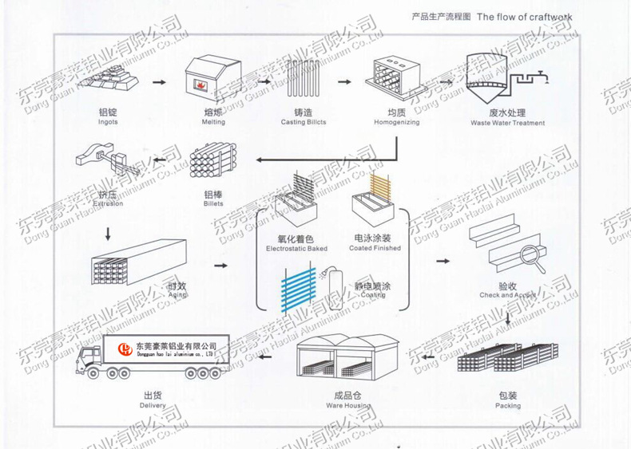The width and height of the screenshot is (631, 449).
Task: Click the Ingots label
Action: click(x=108, y=122)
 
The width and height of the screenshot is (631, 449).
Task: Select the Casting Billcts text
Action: click(x=304, y=122)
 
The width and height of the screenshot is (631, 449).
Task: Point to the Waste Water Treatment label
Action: click(x=507, y=123)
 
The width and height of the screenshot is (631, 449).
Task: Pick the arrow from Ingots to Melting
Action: click(x=160, y=81)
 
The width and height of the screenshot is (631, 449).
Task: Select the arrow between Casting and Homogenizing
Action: click(x=344, y=81)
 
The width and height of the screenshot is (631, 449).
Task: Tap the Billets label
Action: click(x=213, y=203)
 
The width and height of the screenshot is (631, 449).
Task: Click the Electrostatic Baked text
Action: click(x=296, y=249)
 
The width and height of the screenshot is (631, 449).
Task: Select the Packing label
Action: click(x=507, y=405)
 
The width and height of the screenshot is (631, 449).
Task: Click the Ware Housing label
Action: click(x=348, y=405)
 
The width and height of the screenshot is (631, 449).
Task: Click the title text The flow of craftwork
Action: click(x=525, y=17)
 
